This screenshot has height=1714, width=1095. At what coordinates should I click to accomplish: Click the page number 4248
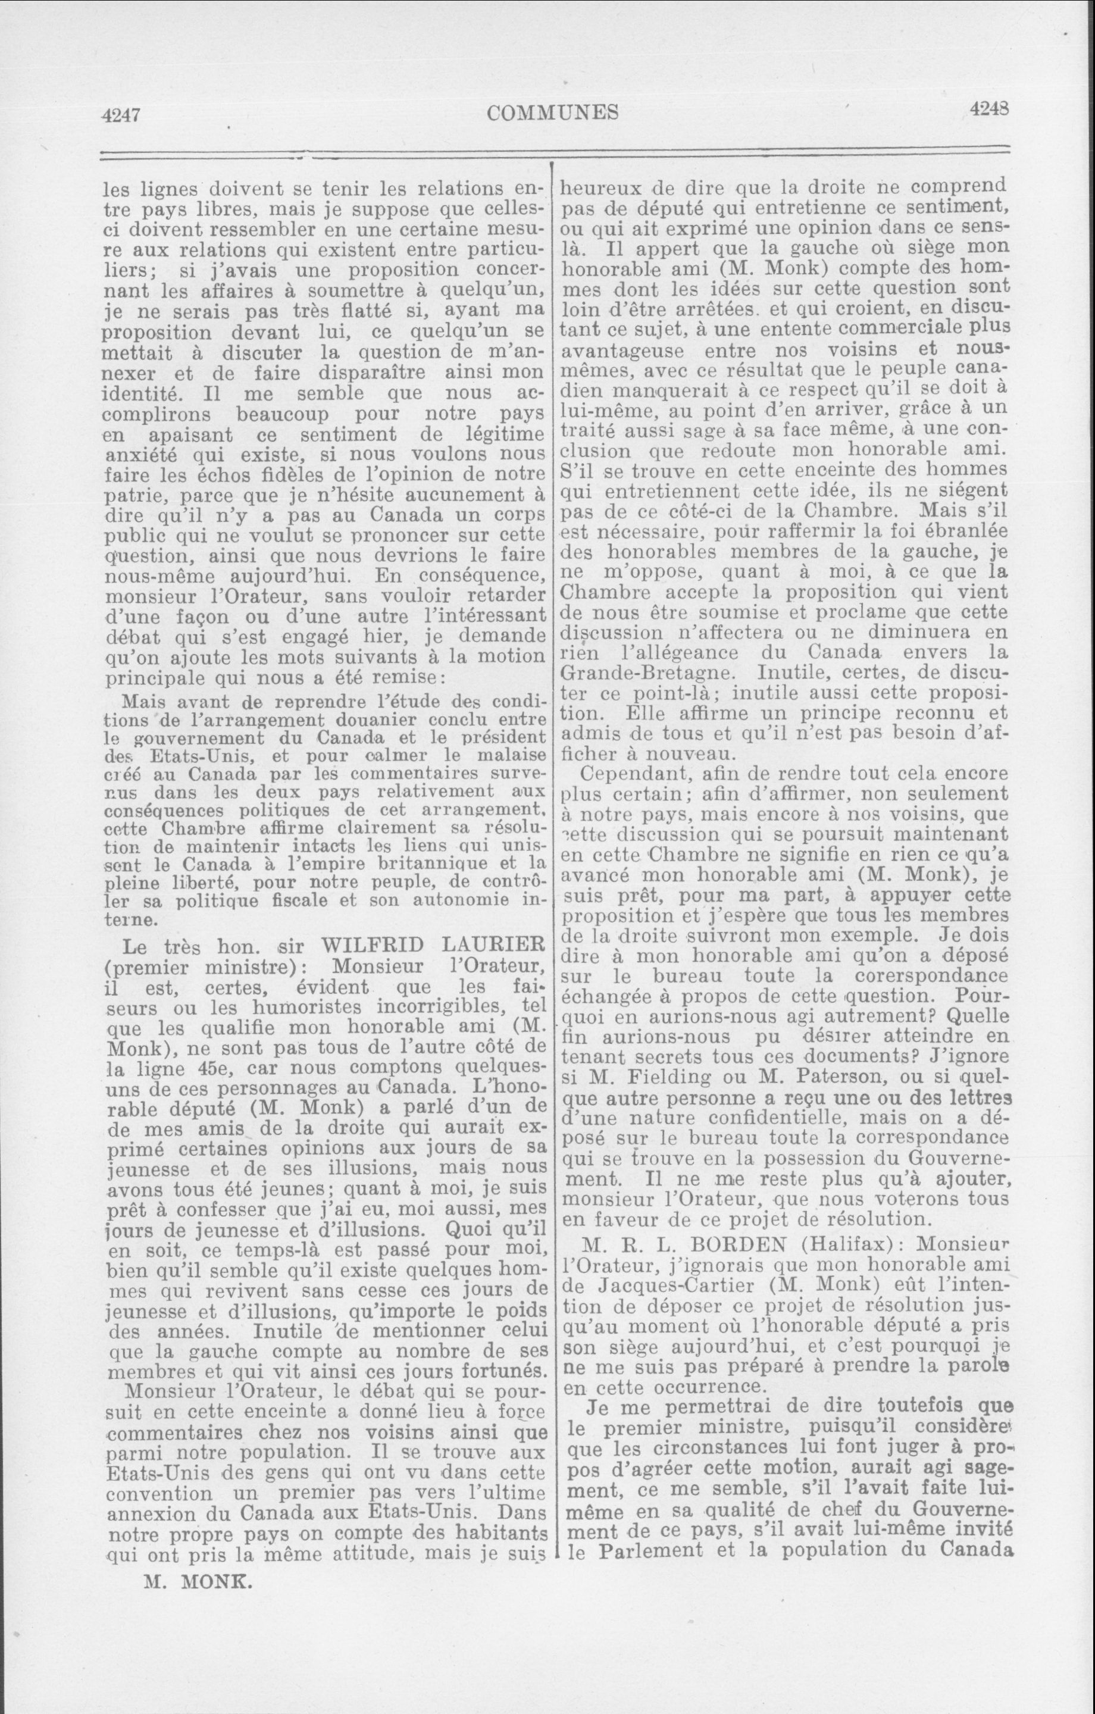989,109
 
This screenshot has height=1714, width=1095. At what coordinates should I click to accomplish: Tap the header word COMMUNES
553,112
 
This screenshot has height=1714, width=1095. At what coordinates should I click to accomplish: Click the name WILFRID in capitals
373,945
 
